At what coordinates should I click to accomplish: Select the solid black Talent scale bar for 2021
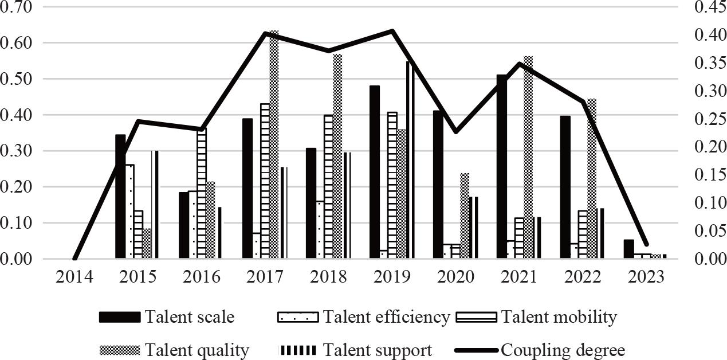tap(501, 167)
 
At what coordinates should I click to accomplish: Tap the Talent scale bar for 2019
tap(374, 172)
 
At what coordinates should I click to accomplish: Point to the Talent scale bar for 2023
tap(628, 249)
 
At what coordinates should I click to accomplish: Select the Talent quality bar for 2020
tap(465, 216)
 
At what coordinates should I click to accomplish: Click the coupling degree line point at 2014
tap(75, 259)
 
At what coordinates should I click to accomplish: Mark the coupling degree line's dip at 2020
tap(455, 132)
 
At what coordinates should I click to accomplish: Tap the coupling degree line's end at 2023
tap(646, 244)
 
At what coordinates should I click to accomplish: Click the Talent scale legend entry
tap(166, 317)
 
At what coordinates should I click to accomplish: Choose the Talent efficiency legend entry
tap(364, 317)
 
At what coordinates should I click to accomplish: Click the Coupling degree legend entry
tap(541, 350)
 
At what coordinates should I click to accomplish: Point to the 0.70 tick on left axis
tap(18, 7)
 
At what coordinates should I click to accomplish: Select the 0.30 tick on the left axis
tap(18, 151)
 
